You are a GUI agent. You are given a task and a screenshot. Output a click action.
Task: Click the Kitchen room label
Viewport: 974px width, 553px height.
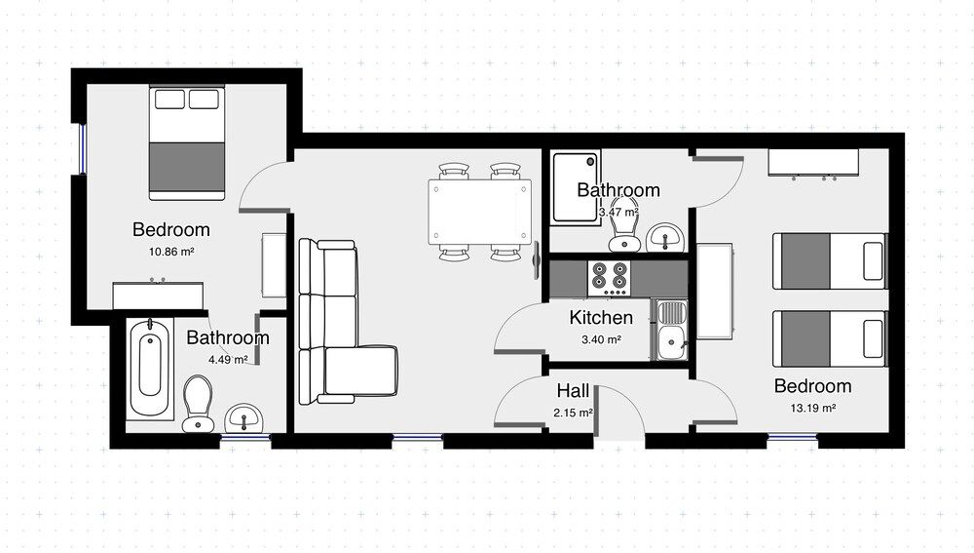tap(601, 317)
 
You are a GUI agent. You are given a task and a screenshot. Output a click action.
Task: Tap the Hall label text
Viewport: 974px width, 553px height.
tap(573, 391)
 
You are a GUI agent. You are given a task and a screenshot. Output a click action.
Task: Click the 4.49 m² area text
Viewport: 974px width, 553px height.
tap(228, 359)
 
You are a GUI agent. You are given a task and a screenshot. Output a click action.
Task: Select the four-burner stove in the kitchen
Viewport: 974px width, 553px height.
tap(610, 278)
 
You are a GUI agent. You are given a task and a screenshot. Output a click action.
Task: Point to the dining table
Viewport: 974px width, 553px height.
tap(479, 212)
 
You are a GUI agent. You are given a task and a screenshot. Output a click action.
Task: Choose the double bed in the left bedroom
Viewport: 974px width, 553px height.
tap(187, 142)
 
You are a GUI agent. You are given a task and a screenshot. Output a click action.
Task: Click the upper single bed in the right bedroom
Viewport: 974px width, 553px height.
tap(829, 260)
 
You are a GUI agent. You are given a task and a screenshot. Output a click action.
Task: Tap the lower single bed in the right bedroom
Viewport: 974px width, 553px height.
tap(829, 338)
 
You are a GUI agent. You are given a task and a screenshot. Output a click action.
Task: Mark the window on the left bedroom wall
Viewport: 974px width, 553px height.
tap(83, 151)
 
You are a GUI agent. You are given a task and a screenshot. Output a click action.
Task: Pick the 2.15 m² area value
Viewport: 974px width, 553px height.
tap(574, 413)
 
